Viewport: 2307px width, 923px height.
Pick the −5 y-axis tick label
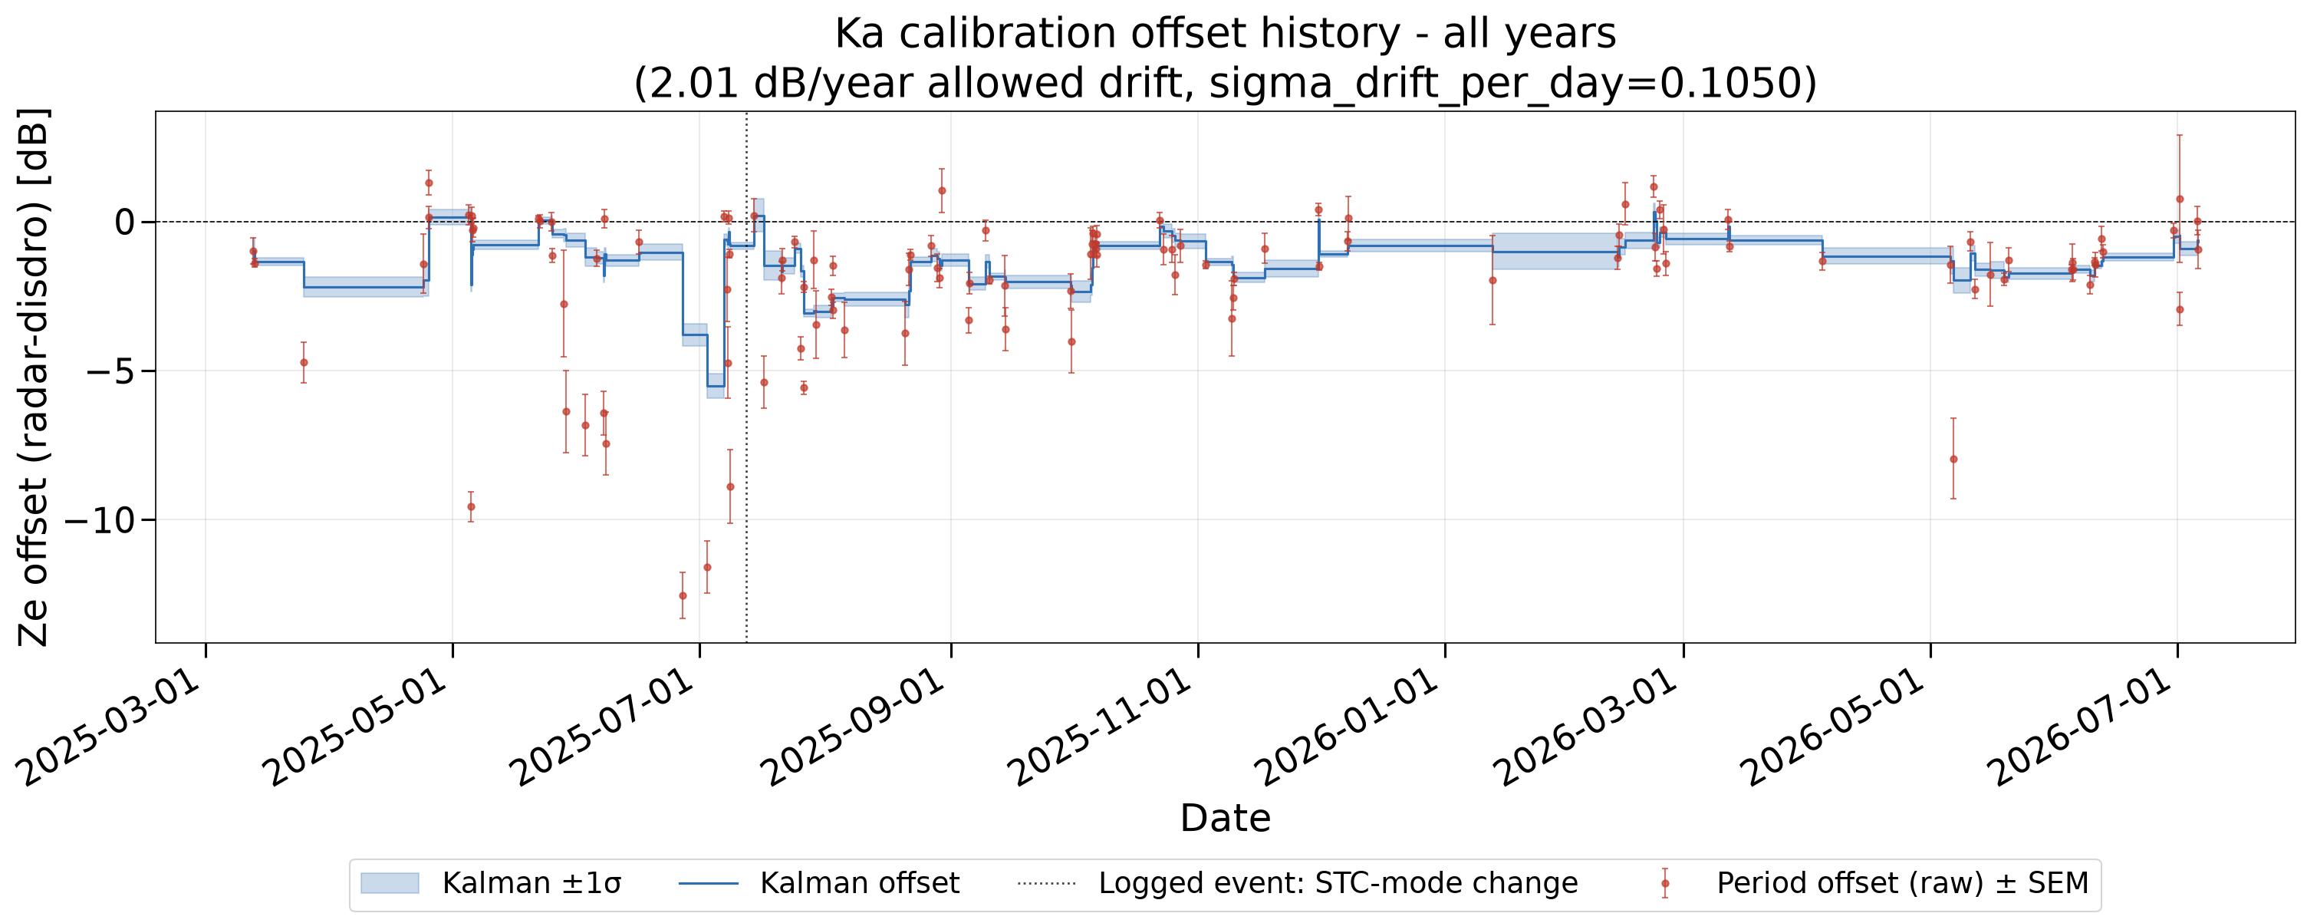tap(110, 371)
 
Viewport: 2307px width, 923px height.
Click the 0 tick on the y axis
tap(125, 221)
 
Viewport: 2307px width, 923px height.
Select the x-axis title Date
tap(1225, 818)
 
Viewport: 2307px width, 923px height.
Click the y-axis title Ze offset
tap(34, 377)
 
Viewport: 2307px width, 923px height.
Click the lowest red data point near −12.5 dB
tap(683, 596)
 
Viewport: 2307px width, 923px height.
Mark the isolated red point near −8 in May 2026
tap(1953, 459)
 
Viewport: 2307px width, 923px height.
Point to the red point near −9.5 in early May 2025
tap(471, 506)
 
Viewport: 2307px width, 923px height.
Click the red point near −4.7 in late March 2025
tap(304, 363)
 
